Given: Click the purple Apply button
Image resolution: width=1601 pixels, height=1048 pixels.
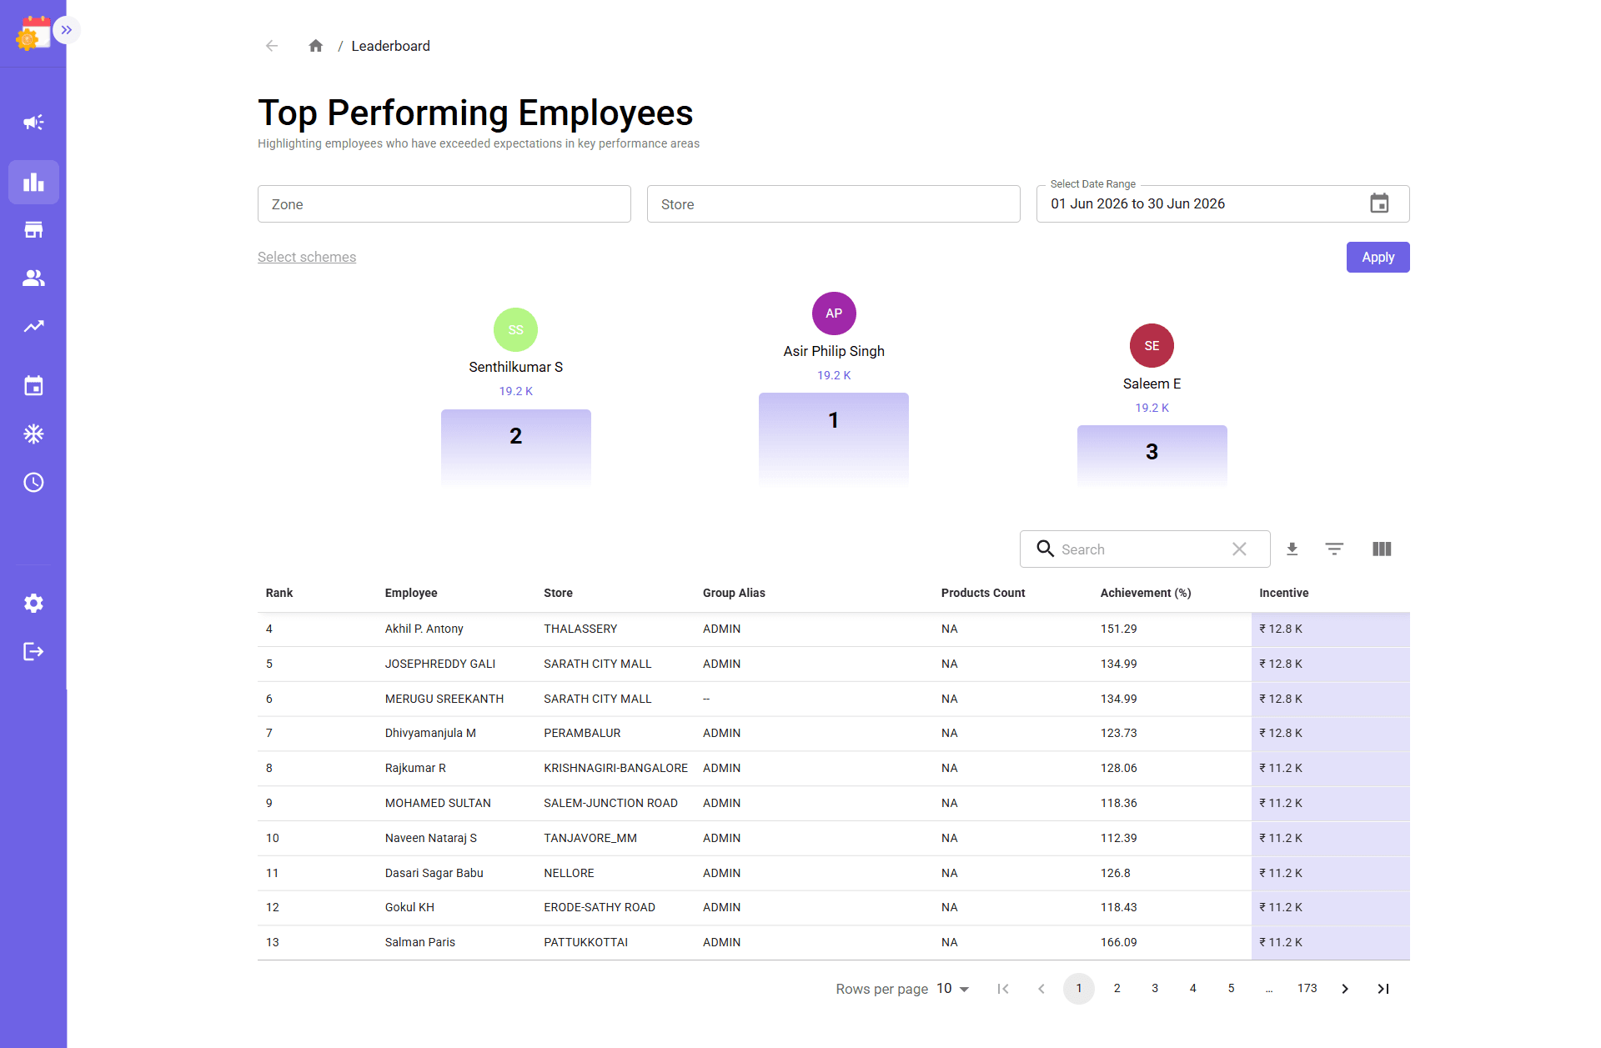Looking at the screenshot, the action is point(1378,257).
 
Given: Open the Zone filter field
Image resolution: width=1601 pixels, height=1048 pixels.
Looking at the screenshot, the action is point(444,204).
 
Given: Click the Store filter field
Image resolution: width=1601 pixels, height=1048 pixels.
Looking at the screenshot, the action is point(833,204).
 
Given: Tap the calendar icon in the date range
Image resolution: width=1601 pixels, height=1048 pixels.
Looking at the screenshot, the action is point(1379,203).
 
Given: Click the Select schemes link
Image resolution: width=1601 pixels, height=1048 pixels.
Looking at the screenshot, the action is point(307,257).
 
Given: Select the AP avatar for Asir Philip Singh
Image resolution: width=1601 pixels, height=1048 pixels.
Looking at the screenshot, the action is point(834,313).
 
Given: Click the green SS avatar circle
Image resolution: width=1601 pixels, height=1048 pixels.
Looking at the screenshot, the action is point(515,330).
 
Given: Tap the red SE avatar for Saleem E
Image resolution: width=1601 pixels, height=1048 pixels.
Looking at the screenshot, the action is point(1152,345).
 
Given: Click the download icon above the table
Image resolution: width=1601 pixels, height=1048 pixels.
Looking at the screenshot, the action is point(1292,549).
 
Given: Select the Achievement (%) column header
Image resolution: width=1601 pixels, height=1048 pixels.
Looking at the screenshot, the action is point(1146,593).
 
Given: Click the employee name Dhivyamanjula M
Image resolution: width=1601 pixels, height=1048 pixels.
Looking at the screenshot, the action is point(430,733).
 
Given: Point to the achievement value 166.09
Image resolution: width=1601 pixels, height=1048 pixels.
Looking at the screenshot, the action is point(1118,942).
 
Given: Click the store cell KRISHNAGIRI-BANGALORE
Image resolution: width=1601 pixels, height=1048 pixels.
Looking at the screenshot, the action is point(615,768).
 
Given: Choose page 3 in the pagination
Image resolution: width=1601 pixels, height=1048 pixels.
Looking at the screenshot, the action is point(1155,988).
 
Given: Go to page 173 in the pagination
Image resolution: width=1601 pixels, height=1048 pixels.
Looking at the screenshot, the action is point(1307,988).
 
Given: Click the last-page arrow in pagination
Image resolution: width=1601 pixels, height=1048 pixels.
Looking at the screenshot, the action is point(1383,989).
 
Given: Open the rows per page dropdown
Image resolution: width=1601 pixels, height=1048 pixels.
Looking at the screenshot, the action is point(953,989).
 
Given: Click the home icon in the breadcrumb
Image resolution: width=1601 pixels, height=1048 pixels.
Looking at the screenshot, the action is point(315,46).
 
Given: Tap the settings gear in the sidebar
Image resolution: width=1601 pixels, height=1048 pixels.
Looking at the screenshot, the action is point(33,603).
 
